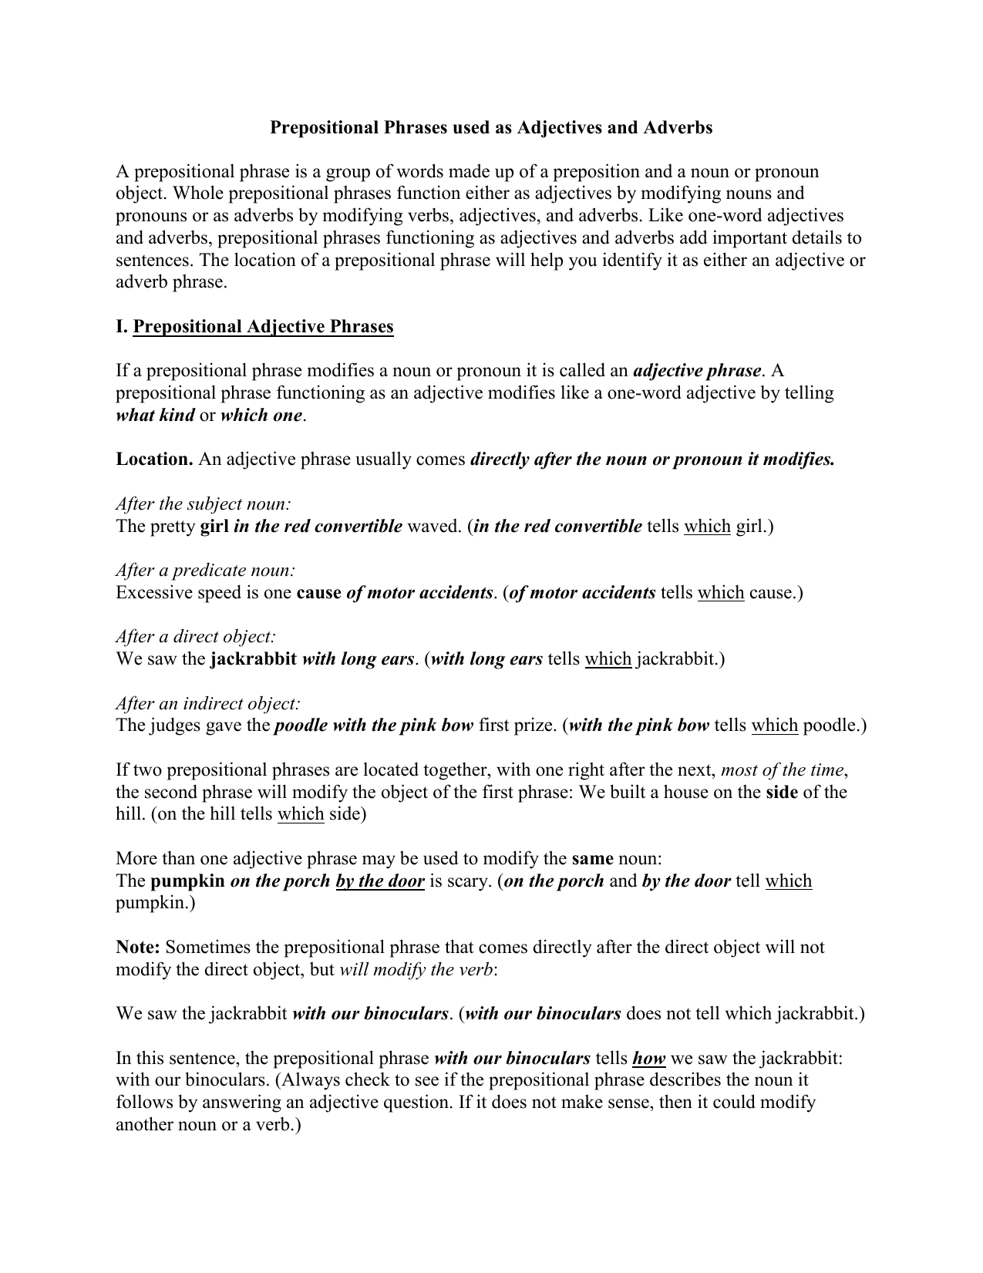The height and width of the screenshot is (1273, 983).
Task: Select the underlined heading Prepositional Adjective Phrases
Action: [x=263, y=327]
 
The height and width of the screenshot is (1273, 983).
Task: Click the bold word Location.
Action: [x=154, y=460]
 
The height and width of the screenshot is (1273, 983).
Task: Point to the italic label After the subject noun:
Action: [x=204, y=504]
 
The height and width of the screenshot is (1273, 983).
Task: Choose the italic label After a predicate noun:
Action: [x=206, y=571]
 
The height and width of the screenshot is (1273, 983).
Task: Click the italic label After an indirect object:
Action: [x=208, y=704]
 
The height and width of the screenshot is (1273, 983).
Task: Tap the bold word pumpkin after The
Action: [x=188, y=881]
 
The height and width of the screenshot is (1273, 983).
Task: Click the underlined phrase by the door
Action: [x=380, y=881]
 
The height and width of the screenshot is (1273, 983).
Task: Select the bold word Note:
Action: [x=138, y=947]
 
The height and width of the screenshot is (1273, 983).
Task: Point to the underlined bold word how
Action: [x=648, y=1058]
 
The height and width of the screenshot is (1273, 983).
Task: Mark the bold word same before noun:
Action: [x=592, y=858]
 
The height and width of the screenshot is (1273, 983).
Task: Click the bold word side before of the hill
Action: [x=781, y=792]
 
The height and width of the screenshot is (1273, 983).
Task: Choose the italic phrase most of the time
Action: [x=783, y=770]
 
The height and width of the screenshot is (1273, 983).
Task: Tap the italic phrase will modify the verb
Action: [x=416, y=969]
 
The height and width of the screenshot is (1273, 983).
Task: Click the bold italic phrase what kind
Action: [x=155, y=416]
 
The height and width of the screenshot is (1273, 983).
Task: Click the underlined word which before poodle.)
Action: [x=774, y=726]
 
